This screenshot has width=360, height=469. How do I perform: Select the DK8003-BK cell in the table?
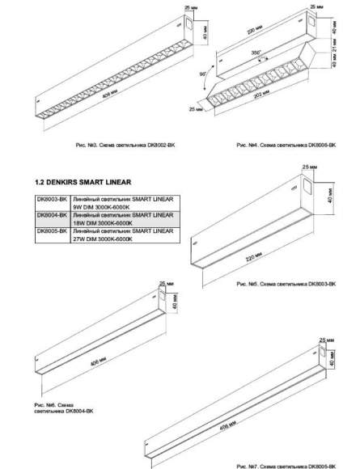click(51, 199)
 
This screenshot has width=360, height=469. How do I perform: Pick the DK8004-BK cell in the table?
click(51, 216)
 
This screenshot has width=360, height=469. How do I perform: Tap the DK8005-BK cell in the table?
click(51, 233)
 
